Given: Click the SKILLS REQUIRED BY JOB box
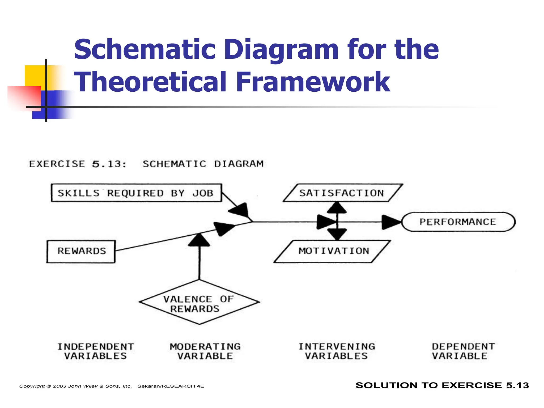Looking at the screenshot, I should pos(136,193).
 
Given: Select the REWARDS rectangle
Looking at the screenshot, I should pos(81,251).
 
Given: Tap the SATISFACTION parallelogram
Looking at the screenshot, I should pos(342,193).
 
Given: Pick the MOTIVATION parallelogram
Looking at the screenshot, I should pos(333,251).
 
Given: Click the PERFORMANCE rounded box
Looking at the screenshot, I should pos(458,222).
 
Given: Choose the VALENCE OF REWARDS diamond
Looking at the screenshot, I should pos(199,303).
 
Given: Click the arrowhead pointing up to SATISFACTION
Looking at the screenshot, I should pos(337,208).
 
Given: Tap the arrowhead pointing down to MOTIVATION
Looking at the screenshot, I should pos(337,234).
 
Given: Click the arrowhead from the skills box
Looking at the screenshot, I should pos(240,210).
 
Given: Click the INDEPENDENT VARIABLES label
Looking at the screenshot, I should pos(96,351).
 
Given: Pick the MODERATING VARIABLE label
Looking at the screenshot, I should pos(205,351).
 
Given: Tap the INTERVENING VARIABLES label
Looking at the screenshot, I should pos(337,351).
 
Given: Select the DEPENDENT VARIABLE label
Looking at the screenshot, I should pos(463,351).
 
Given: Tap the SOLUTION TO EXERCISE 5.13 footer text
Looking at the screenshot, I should pos(442,385).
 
